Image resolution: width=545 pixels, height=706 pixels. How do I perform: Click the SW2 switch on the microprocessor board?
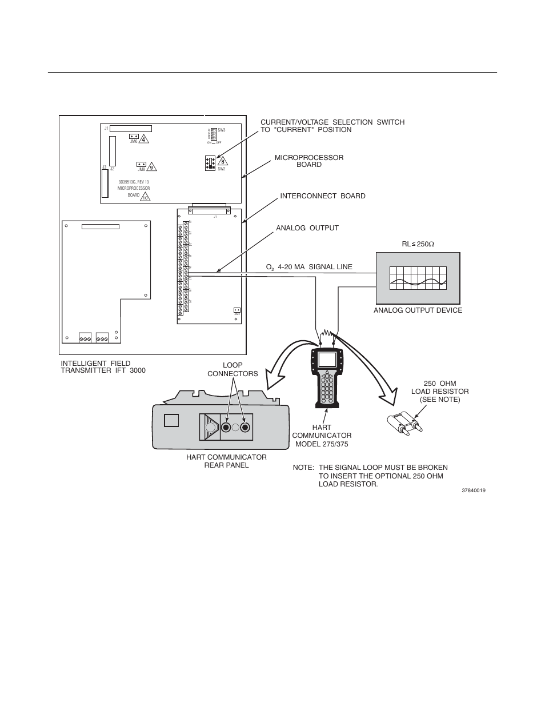coord(210,163)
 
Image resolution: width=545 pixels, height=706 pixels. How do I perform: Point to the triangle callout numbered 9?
coord(151,166)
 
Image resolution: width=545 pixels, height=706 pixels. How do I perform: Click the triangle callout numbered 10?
coord(146,197)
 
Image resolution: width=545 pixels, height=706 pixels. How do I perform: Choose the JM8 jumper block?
coord(141,164)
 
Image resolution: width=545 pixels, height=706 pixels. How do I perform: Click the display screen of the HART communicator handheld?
coord(327,360)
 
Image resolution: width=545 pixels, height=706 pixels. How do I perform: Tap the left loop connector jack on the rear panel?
coord(227,428)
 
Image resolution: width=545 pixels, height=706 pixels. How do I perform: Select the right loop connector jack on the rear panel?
coord(246,428)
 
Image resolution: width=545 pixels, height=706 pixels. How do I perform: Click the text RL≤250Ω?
coord(418,245)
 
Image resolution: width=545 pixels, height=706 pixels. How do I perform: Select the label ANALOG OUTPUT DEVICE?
coord(418,310)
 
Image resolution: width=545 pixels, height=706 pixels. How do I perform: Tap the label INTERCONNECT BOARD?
coord(322,196)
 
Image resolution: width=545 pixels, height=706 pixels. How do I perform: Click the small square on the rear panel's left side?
coord(171,420)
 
